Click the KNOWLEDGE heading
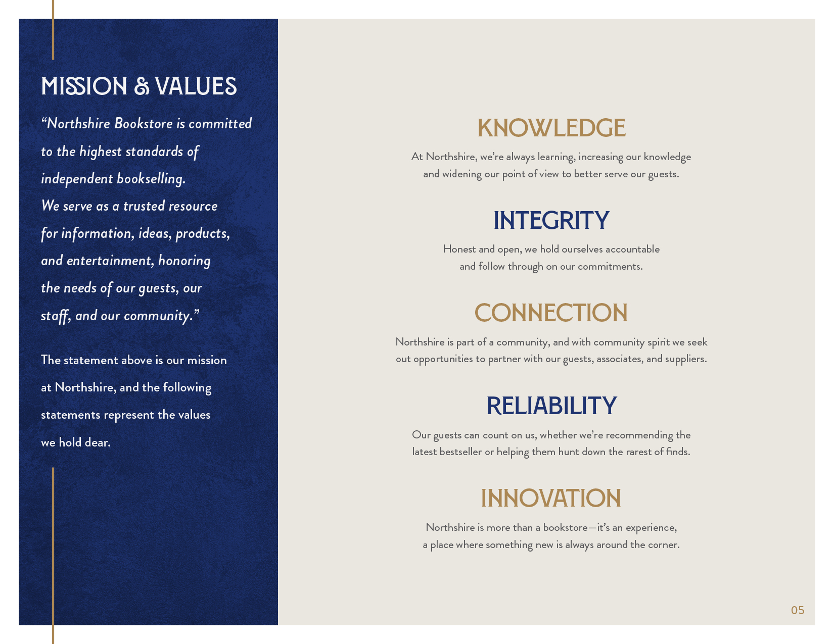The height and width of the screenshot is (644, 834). pos(551,128)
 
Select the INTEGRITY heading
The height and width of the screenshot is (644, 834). pos(551,221)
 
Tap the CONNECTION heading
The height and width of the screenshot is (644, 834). pos(551,313)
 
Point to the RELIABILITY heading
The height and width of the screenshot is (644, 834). pos(551,406)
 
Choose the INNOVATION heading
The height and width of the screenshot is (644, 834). pos(551,498)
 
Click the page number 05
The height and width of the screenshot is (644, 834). pos(798,610)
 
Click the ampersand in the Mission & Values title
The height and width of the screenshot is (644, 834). pos(141,86)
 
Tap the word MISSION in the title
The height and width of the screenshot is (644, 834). pos(84,86)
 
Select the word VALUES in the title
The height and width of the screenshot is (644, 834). pos(196,86)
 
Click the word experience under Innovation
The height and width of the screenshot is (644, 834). pos(652,528)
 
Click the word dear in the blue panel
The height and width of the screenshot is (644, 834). pos(98,442)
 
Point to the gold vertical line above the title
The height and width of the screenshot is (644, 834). pos(53,30)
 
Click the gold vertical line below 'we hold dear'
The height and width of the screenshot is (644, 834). pos(53,556)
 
